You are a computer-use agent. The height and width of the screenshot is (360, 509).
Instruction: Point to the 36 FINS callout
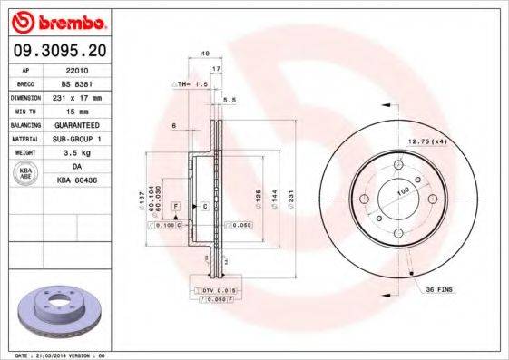click(x=438, y=289)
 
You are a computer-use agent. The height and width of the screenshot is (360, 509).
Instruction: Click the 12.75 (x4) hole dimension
click(x=427, y=141)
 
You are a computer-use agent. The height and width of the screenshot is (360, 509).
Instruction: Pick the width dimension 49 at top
click(x=206, y=54)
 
